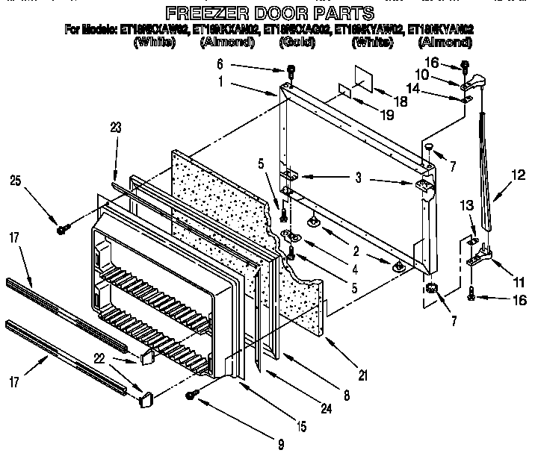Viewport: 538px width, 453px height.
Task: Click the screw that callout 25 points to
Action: [x=63, y=229]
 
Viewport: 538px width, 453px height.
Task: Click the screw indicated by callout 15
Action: [x=196, y=394]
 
